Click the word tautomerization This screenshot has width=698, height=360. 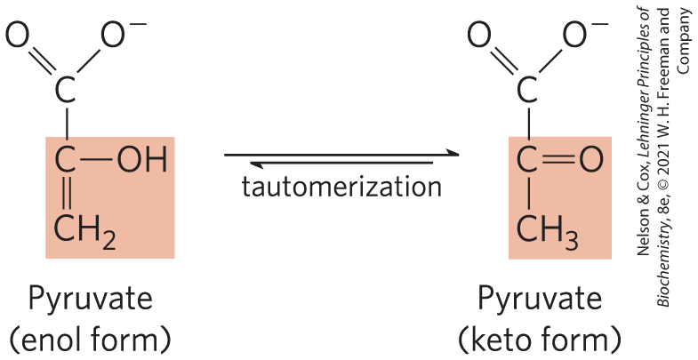click(341, 188)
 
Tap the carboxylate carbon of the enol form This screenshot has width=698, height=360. click(66, 89)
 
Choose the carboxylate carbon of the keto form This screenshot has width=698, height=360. click(528, 89)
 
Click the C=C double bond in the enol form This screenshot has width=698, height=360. click(66, 195)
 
